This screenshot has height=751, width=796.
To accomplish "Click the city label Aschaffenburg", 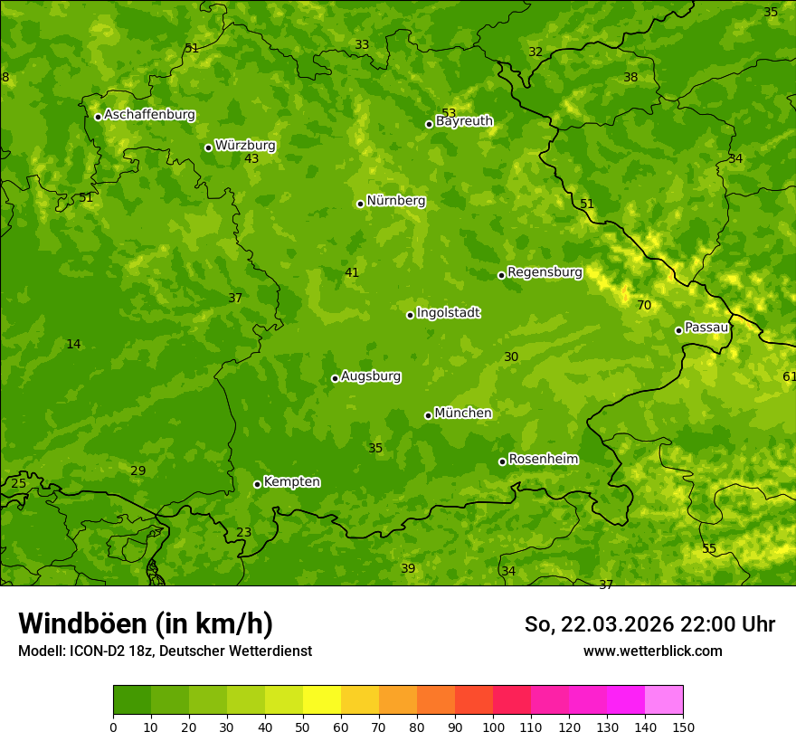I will [149, 115].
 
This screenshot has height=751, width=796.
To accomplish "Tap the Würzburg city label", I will [245, 146].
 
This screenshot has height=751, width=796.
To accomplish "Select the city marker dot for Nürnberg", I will [360, 204].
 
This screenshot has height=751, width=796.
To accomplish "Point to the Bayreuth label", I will [464, 121].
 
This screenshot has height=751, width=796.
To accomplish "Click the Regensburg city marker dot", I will [501, 275].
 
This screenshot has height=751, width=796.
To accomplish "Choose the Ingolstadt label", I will [448, 313].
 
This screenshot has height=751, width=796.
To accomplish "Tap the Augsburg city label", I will [371, 376].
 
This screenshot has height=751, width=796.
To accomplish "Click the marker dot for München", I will [428, 415].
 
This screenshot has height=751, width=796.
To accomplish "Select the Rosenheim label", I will [543, 460].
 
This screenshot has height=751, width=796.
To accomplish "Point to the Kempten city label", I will [291, 482].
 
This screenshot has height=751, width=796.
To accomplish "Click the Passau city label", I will [706, 328].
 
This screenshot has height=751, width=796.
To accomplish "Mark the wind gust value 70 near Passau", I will [644, 306].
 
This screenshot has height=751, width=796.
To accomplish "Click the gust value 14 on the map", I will [73, 345].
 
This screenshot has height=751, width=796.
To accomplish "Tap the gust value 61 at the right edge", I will [789, 376].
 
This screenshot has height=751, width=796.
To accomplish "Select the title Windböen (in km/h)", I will [146, 623].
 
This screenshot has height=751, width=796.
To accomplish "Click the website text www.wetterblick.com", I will [652, 651].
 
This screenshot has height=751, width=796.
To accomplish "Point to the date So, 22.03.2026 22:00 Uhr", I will [649, 624].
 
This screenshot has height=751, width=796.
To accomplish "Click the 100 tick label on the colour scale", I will [493, 727].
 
